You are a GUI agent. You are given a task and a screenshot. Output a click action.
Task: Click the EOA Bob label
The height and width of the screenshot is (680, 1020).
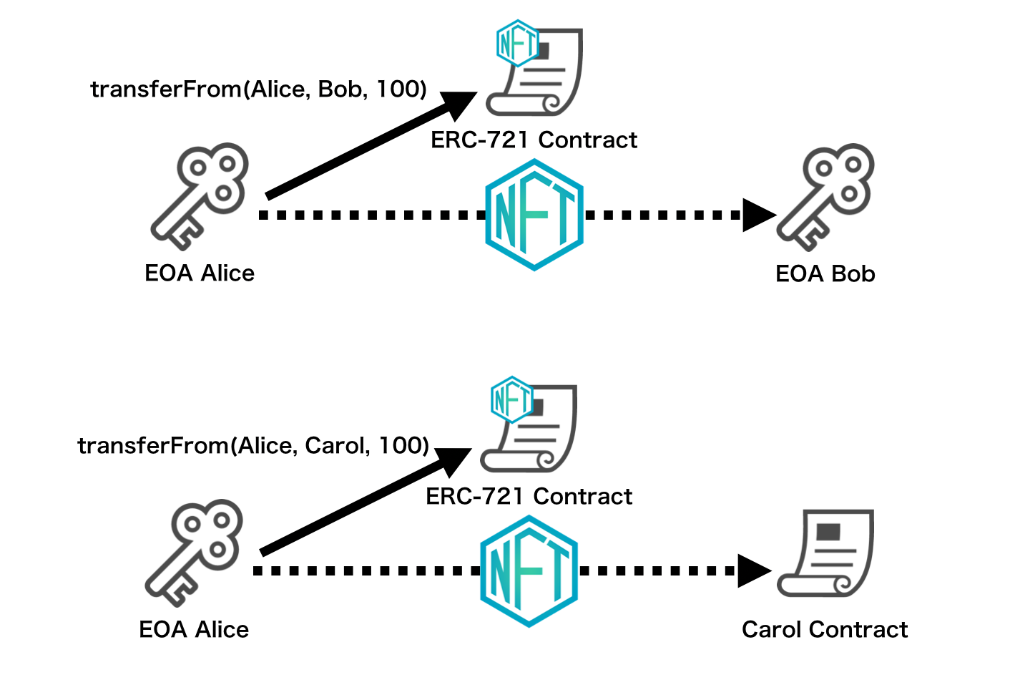pyautogui.click(x=825, y=274)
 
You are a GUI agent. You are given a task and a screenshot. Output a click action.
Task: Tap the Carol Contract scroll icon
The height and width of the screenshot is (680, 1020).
pyautogui.click(x=826, y=553)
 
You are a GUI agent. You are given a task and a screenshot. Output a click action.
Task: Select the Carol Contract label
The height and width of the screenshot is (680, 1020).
pyautogui.click(x=824, y=630)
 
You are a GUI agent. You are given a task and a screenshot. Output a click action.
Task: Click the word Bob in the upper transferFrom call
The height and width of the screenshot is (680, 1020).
pyautogui.click(x=340, y=89)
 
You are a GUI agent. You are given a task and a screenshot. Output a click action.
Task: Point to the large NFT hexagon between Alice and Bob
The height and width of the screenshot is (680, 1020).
pyautogui.click(x=534, y=215)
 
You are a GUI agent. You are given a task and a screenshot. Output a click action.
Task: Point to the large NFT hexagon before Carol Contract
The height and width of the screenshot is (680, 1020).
pyautogui.click(x=529, y=571)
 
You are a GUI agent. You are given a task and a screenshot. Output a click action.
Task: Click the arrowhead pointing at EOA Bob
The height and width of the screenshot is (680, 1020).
pyautogui.click(x=758, y=215)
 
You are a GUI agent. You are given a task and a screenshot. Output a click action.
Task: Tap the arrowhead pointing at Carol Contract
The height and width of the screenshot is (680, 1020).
pyautogui.click(x=753, y=571)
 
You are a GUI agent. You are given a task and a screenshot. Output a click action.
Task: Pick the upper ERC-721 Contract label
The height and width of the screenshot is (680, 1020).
pyautogui.click(x=534, y=140)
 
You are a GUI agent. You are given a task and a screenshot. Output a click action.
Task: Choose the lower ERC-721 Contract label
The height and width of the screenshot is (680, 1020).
pyautogui.click(x=529, y=497)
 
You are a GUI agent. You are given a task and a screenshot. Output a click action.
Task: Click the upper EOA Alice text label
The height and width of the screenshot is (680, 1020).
pyautogui.click(x=200, y=273)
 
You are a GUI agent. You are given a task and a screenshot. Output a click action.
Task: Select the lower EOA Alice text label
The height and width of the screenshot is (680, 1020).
pyautogui.click(x=194, y=630)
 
